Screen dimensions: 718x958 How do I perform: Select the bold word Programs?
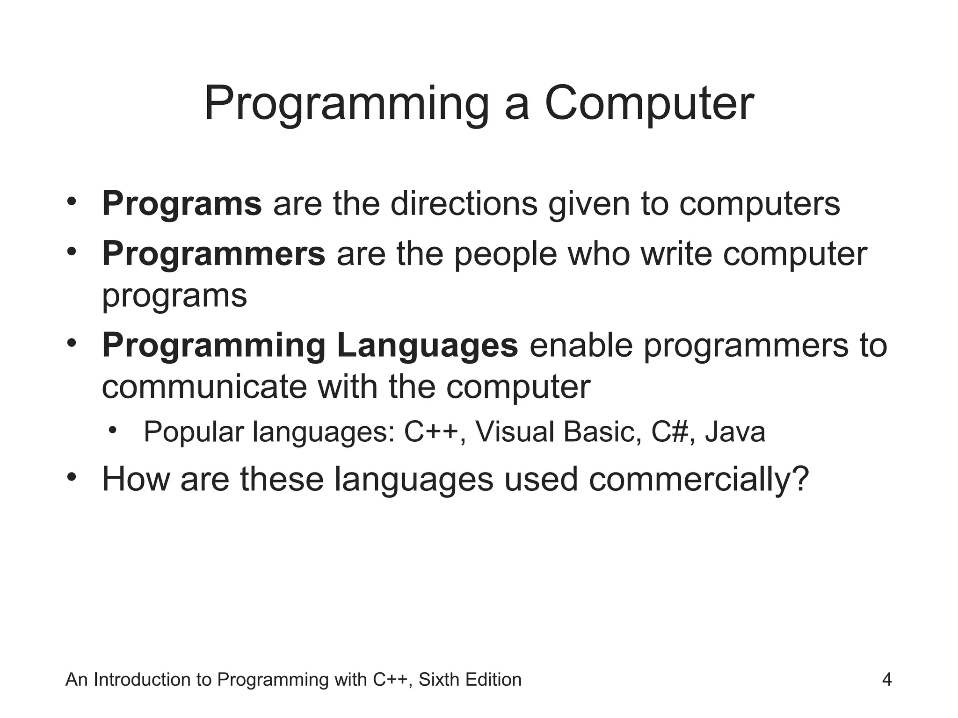181,204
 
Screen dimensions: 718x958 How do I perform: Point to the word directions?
464,204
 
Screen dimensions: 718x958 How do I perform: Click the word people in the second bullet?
505,255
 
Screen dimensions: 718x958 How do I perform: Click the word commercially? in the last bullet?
698,480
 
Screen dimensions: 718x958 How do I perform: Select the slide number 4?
886,680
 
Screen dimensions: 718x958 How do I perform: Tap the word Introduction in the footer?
143,680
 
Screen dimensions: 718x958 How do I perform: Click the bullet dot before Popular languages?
112,430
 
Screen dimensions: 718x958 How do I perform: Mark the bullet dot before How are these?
71,478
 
